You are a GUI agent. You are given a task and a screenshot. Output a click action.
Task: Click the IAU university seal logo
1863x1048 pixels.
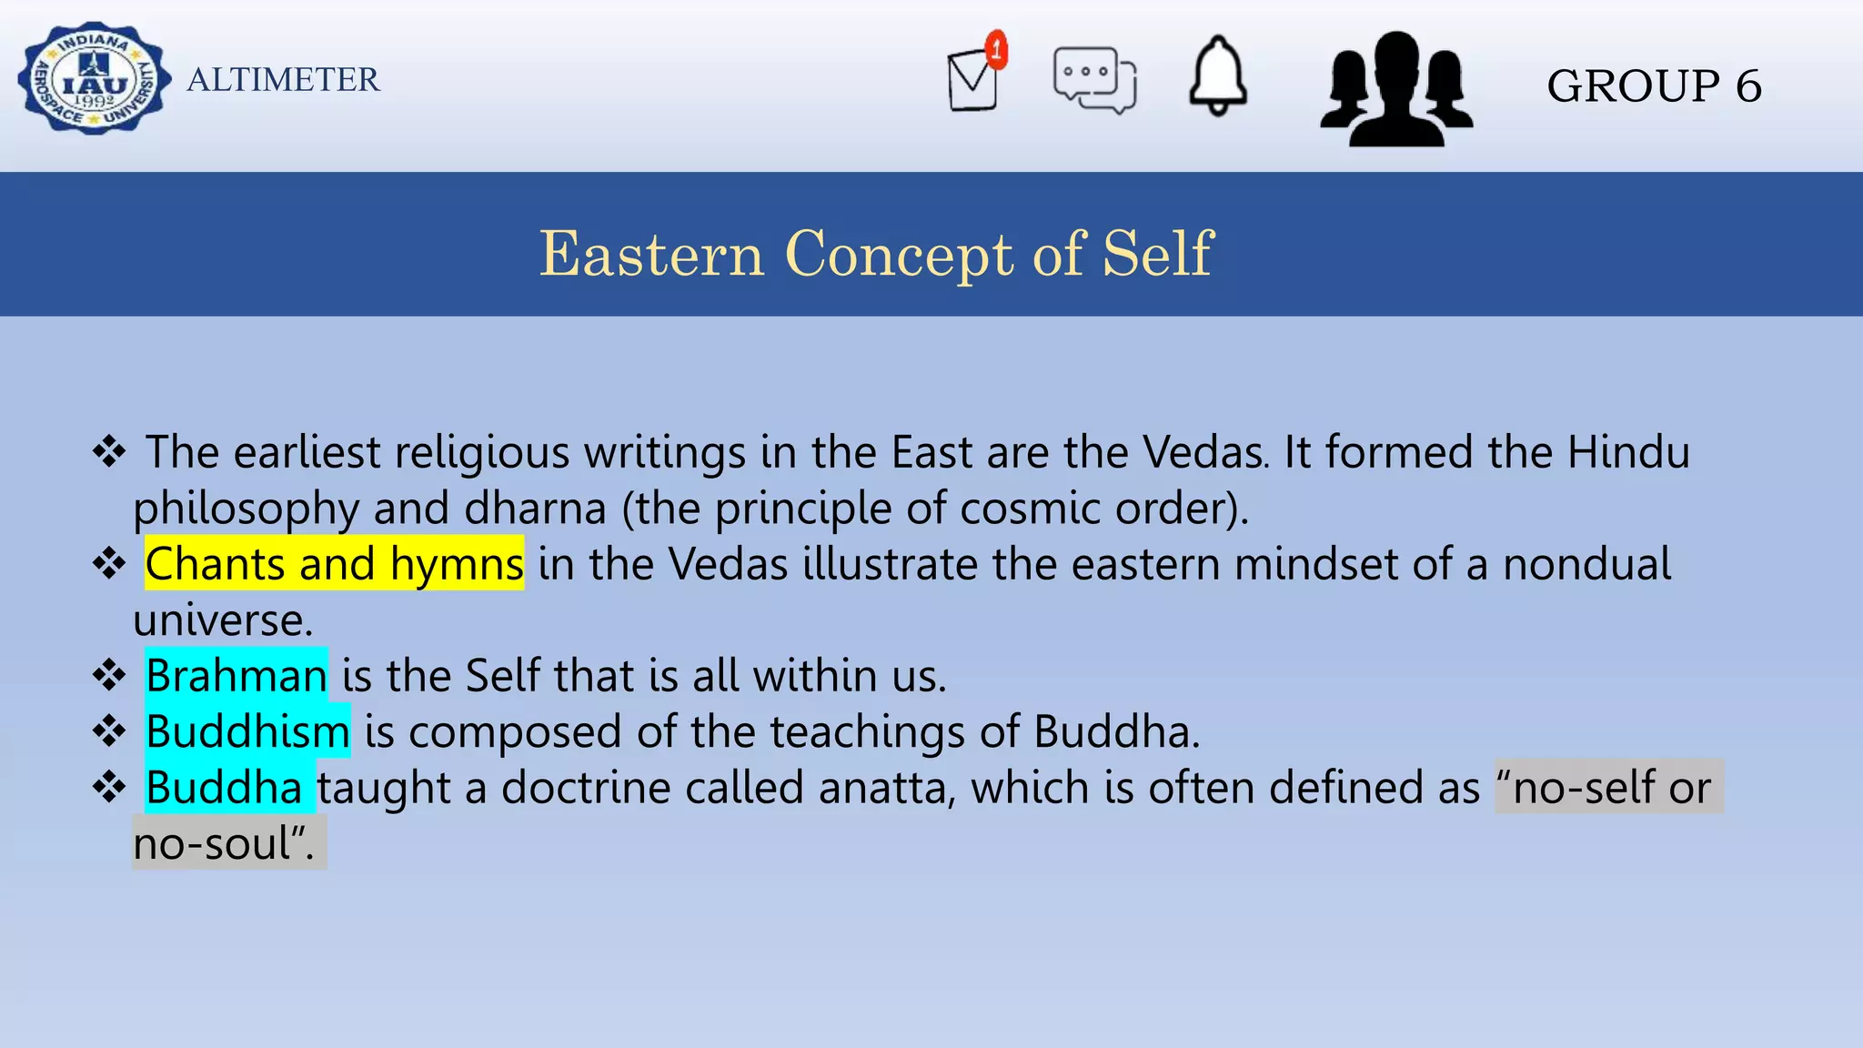pos(94,79)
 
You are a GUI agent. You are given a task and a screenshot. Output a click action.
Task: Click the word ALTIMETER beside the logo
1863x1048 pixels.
pos(283,80)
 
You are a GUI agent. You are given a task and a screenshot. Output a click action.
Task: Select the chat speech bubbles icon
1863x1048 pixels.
pos(1094,80)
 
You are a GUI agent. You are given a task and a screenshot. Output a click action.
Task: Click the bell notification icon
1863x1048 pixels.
pos(1218,76)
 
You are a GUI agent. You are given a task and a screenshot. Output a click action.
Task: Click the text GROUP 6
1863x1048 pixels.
pos(1654,86)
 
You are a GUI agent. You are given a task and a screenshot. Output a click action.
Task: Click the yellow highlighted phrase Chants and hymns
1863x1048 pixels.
pos(334,564)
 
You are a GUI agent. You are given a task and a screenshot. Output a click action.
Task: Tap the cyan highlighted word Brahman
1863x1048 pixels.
pos(237,676)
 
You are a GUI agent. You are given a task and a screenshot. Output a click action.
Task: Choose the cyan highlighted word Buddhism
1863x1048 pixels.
pos(247,731)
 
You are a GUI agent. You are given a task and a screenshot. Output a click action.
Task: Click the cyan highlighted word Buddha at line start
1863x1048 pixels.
pos(224,788)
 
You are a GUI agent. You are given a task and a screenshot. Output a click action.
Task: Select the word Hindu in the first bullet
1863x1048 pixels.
pos(1627,452)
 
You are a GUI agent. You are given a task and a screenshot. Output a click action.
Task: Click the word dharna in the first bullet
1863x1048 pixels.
pos(535,509)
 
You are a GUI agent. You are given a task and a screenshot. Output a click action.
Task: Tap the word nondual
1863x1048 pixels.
pos(1586,564)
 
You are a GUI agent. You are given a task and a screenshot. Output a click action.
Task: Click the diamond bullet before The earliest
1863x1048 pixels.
pos(109,452)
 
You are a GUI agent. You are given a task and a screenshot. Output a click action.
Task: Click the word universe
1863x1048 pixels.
pos(222,620)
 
